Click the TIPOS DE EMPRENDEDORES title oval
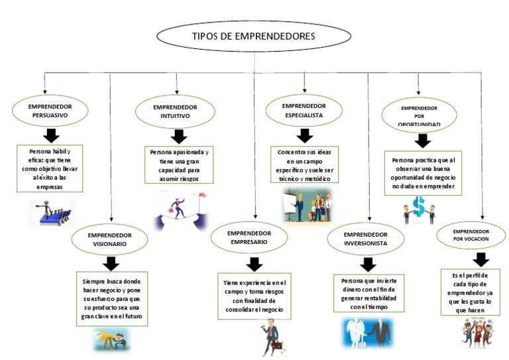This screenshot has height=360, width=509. coord(253,36)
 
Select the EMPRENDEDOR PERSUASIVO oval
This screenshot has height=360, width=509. coord(50,111)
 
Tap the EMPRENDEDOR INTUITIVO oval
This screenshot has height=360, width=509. coord(175,111)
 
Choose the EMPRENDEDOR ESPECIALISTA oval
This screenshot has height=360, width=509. coord(304,110)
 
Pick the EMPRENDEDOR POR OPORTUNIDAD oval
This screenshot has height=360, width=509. coord(419,115)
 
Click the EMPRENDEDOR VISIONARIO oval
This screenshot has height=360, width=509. coord(110,239)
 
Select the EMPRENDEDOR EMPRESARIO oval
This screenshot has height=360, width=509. coord(249,238)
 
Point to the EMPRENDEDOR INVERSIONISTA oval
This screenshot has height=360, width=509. coord(366,239)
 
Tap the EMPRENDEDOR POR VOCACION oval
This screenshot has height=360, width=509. coord(471,235)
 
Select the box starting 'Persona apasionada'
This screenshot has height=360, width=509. coord(178,165)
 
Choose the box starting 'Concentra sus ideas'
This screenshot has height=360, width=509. coord(304,165)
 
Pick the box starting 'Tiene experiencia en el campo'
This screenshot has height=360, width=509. coord(254,296)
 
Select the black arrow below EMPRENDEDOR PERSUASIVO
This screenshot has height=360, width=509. coord(50,135)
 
